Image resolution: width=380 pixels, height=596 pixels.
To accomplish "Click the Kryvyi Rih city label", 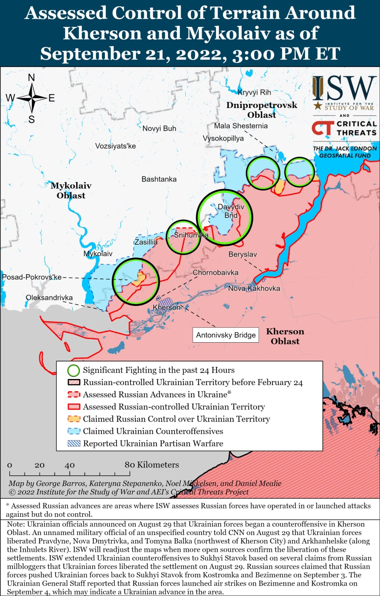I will [x=254, y=92].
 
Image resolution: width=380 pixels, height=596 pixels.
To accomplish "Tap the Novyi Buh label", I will [x=159, y=129].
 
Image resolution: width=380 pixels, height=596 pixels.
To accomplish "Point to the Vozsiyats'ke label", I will [x=115, y=146].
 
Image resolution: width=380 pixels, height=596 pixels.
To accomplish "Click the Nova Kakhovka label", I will [x=254, y=288].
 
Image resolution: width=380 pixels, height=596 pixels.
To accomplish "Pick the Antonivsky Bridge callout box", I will [x=226, y=335].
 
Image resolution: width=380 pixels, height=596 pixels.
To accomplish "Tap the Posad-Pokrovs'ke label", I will [x=32, y=277].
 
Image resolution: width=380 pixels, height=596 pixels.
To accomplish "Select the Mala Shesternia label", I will [x=241, y=126].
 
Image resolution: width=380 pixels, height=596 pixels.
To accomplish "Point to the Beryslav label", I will [x=243, y=254].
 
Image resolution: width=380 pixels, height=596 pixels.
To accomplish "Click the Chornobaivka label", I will [x=216, y=272].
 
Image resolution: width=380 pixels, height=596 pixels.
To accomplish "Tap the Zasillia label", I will [x=146, y=242].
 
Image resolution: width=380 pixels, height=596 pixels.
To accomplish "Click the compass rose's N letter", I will [x=32, y=78].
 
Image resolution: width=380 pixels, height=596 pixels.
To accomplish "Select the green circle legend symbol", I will [x=74, y=371].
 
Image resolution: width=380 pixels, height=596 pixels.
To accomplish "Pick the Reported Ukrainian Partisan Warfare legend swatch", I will [x=74, y=443].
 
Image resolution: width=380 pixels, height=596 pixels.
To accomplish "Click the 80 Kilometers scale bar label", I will [x=152, y=465].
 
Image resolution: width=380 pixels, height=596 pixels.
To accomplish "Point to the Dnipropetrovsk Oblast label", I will [x=262, y=110].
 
